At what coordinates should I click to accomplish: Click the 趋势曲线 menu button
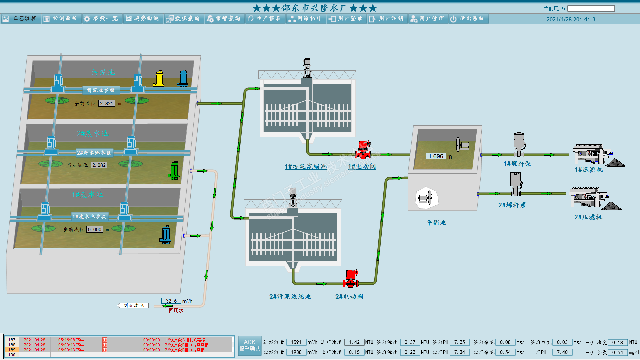click(143, 19)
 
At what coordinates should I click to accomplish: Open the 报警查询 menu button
click(224, 19)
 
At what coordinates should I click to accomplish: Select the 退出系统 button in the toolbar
click(468, 19)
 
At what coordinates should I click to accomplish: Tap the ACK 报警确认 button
click(249, 346)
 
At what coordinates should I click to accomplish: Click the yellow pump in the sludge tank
click(159, 79)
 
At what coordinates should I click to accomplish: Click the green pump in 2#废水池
click(174, 170)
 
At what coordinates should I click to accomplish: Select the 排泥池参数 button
click(101, 90)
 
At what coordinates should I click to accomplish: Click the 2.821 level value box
click(107, 104)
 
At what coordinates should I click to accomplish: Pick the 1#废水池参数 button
click(89, 217)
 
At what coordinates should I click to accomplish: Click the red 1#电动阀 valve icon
click(363, 150)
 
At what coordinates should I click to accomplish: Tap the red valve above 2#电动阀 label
click(351, 279)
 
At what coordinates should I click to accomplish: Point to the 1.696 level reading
click(436, 156)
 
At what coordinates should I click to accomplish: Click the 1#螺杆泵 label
click(517, 164)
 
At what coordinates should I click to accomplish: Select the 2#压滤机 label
click(588, 217)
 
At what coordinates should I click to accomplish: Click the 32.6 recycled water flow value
click(171, 301)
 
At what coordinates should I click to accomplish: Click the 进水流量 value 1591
click(296, 342)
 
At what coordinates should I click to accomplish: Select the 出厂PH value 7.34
click(459, 352)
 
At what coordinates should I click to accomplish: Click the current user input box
click(591, 9)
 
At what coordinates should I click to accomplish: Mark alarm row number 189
click(12, 350)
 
